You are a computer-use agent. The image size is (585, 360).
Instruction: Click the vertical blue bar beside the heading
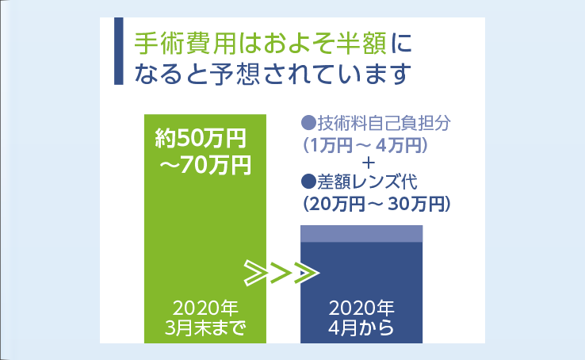[x=119, y=51]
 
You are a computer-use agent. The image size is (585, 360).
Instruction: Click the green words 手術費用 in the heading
[x=185, y=44]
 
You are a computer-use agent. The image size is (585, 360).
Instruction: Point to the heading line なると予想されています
[x=273, y=74]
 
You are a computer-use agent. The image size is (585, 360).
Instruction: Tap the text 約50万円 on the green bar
[x=201, y=139]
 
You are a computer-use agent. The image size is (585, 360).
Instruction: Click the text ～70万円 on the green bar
[x=205, y=165]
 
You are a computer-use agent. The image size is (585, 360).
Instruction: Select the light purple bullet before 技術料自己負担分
[x=308, y=123]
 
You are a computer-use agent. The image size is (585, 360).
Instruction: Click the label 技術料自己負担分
[x=384, y=123]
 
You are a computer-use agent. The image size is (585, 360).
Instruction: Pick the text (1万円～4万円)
[x=365, y=145]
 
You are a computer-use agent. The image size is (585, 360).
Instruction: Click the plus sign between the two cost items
[x=369, y=163]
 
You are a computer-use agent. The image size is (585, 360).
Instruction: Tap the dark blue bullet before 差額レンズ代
[x=308, y=182]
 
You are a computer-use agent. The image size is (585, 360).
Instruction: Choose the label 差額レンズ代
[x=367, y=182]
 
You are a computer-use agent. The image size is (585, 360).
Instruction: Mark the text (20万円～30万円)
[x=377, y=204]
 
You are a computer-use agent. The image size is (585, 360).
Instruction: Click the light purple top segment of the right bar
[x=361, y=234]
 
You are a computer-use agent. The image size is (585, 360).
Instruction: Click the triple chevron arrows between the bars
[x=281, y=274]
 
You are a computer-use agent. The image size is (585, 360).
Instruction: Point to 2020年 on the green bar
[x=205, y=308]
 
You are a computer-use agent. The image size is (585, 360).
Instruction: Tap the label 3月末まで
[x=205, y=328]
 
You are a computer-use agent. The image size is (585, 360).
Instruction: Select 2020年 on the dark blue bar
[x=361, y=308]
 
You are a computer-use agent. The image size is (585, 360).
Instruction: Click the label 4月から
[x=361, y=328]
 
